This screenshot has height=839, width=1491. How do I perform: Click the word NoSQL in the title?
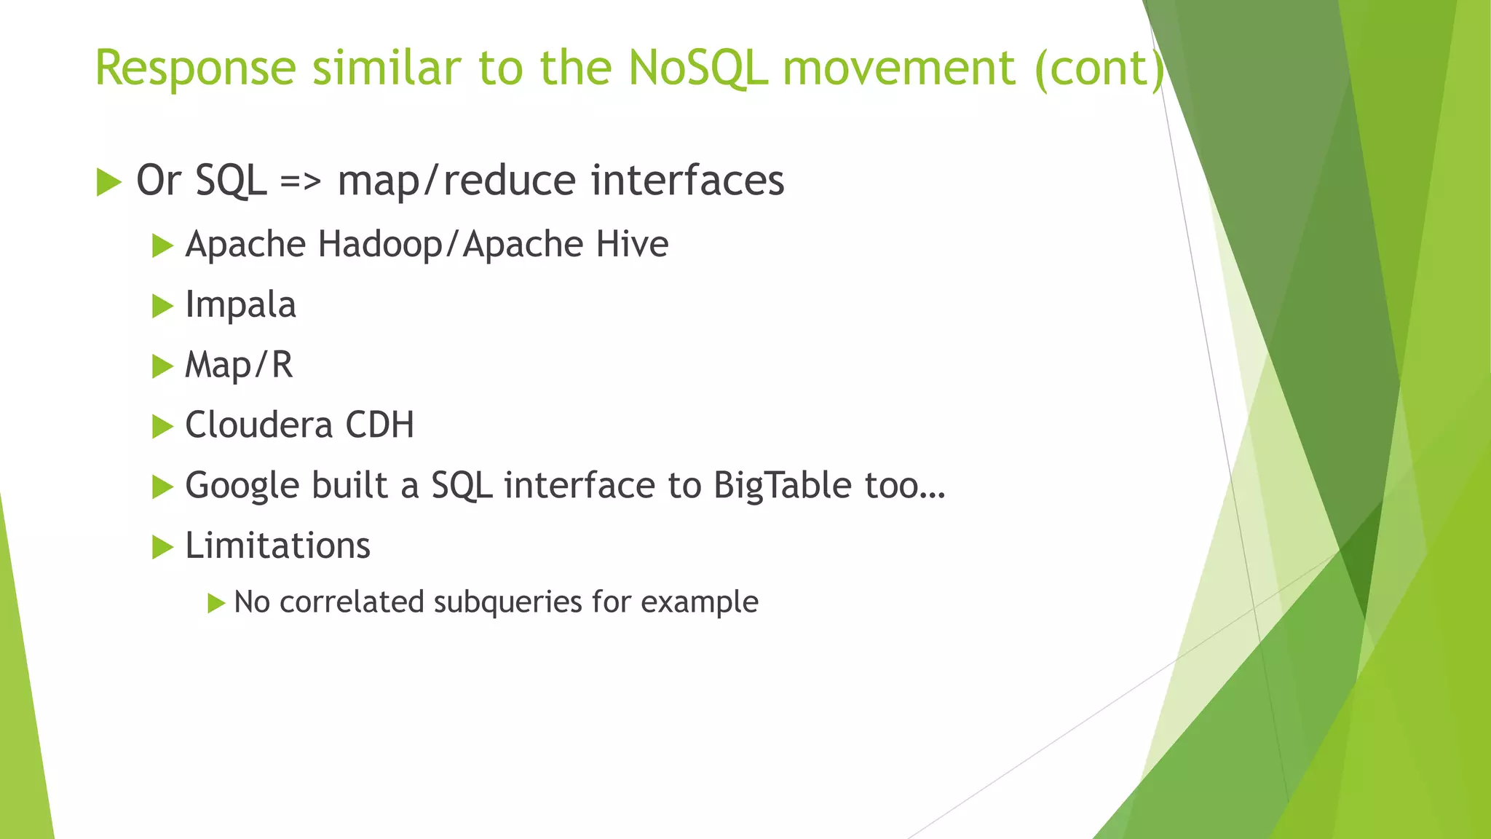[x=697, y=68]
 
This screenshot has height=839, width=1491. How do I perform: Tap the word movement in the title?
[x=898, y=68]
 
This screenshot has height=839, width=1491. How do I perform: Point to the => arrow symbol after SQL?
[x=300, y=181]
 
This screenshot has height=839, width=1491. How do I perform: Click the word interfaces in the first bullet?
[x=687, y=180]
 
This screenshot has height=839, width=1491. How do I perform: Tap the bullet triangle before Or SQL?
[x=108, y=182]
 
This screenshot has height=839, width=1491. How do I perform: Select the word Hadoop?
[x=379, y=244]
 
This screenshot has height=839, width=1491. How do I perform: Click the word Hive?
[x=632, y=244]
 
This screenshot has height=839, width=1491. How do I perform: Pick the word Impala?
[x=240, y=305]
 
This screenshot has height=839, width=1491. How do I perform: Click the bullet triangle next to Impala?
[x=162, y=306]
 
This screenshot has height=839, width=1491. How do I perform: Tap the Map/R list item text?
[x=239, y=365]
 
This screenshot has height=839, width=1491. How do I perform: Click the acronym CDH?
[x=379, y=425]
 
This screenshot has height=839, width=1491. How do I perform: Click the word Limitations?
[x=277, y=545]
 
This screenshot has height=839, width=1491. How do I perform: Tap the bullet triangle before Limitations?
[x=162, y=547]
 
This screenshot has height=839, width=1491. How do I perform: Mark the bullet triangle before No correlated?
[x=216, y=603]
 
